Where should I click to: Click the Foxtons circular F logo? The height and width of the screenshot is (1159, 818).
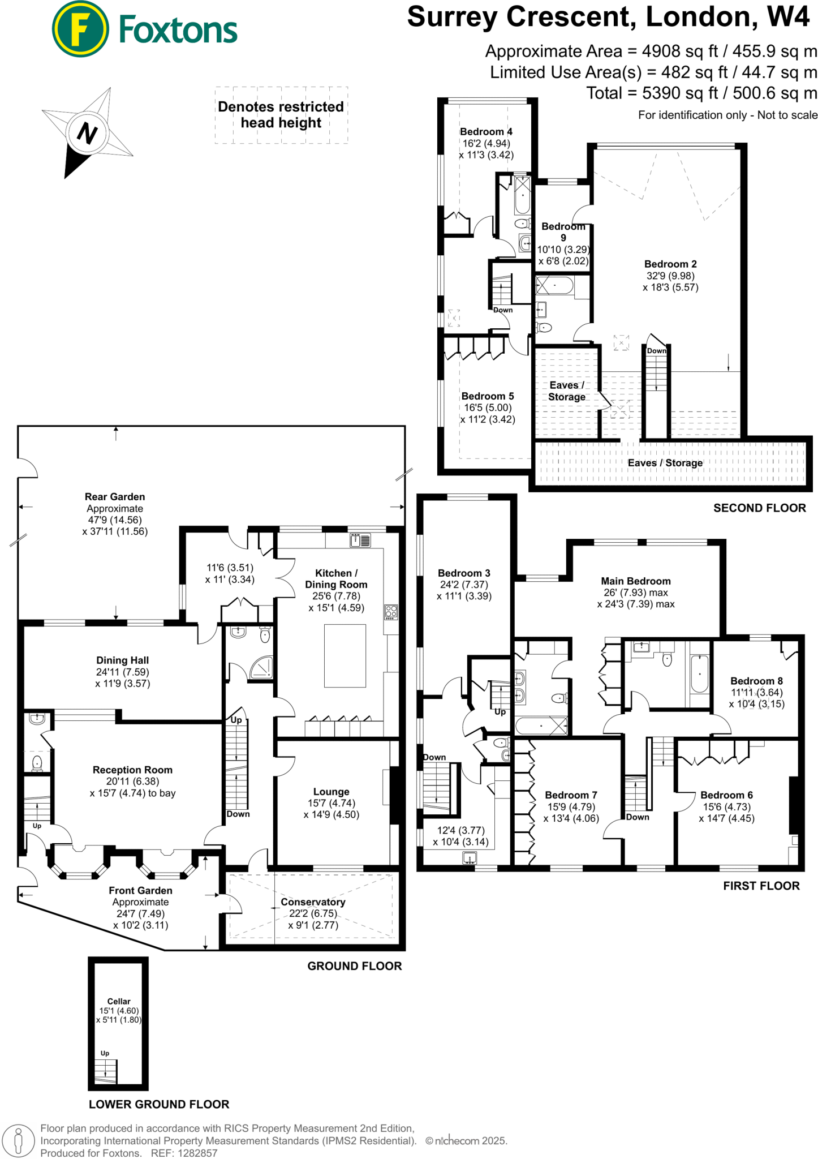(x=80, y=29)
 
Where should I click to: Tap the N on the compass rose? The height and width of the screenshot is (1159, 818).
(x=87, y=133)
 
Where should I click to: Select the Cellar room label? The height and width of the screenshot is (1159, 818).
(x=119, y=1001)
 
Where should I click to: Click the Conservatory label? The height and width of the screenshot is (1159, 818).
(x=313, y=902)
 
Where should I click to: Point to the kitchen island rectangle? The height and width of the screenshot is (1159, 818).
(x=345, y=655)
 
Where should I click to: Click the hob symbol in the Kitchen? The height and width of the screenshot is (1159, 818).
(x=391, y=611)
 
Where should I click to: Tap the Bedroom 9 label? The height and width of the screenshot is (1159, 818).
(x=563, y=231)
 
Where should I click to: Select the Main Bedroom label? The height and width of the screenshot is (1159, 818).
(x=635, y=581)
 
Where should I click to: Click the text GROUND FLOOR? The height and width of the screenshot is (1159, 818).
(x=354, y=966)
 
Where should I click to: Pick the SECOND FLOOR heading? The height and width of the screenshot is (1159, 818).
(x=759, y=508)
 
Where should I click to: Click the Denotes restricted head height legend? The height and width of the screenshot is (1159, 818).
(x=281, y=115)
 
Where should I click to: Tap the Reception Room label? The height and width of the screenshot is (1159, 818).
(x=132, y=770)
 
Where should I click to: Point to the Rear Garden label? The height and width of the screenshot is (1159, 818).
(x=115, y=496)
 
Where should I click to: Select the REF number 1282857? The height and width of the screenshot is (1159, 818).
(x=197, y=1153)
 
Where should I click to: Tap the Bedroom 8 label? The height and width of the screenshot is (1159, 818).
(x=756, y=681)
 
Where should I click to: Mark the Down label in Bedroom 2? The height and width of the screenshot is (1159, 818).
(x=656, y=351)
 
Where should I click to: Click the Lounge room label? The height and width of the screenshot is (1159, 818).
(x=331, y=791)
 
